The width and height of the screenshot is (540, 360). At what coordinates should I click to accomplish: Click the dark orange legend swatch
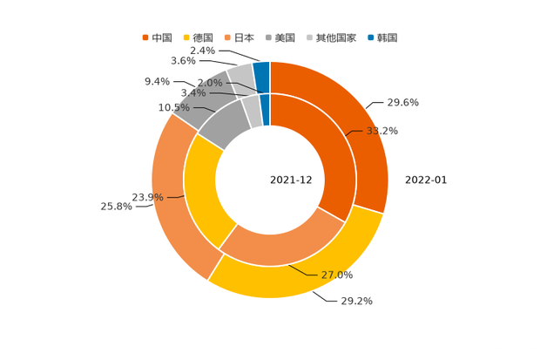click(x=145, y=37)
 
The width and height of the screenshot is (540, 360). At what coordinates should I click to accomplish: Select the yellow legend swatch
click(x=186, y=37)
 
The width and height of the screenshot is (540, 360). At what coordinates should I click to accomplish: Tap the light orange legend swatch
click(x=227, y=37)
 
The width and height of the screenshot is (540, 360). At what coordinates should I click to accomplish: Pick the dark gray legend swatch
click(x=269, y=37)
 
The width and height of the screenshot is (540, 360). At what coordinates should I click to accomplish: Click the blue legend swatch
click(x=371, y=37)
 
